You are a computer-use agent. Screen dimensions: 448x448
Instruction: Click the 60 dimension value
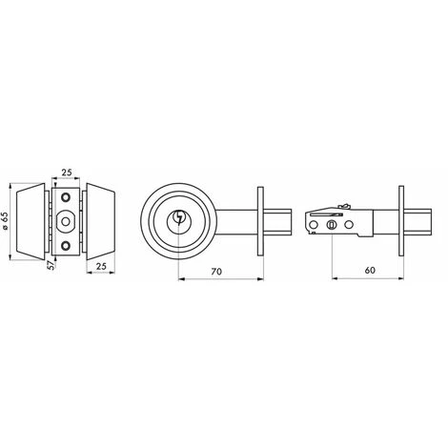369,271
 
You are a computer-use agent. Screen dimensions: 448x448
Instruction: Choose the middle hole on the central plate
66,223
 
